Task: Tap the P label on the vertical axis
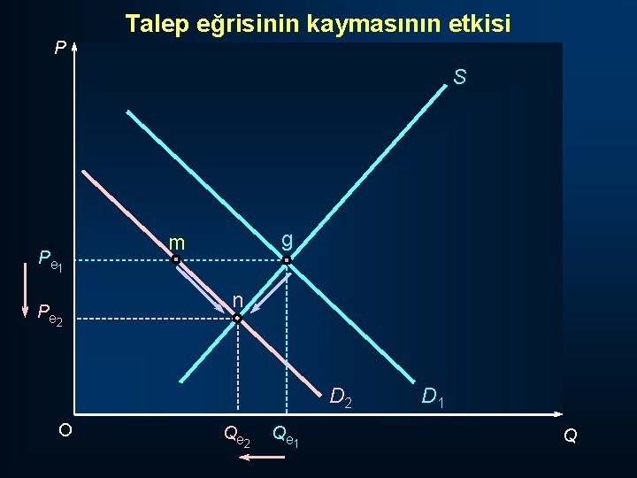click(x=59, y=48)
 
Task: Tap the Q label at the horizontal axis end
click(x=571, y=436)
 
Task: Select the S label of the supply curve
click(x=460, y=78)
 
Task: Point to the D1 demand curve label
click(x=434, y=397)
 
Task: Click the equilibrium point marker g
click(x=286, y=260)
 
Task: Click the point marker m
click(x=176, y=260)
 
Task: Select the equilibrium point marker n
click(x=237, y=317)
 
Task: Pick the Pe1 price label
click(x=50, y=260)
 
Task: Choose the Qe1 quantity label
click(x=285, y=436)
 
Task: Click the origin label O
click(x=65, y=429)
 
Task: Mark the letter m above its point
click(x=177, y=243)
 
